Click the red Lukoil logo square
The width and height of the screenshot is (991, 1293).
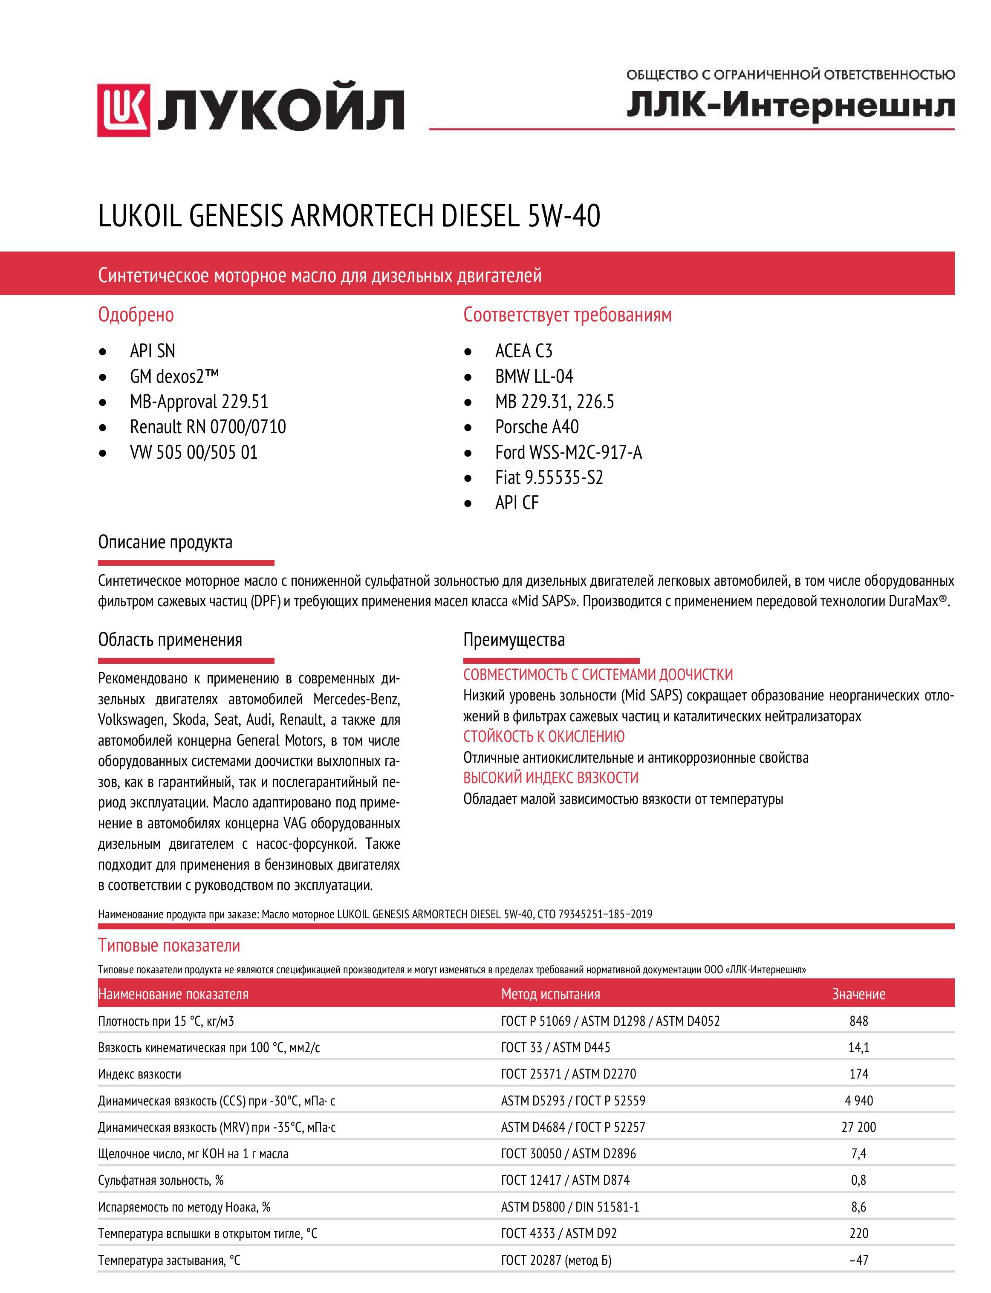(124, 110)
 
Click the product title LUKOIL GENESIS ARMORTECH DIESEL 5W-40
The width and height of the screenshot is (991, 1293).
(349, 216)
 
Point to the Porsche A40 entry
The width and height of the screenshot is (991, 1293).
(537, 426)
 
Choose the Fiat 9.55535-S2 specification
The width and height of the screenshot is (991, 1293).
(549, 477)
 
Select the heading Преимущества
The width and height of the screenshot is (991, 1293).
(514, 639)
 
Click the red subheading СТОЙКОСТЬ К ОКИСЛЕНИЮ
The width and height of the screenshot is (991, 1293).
(543, 737)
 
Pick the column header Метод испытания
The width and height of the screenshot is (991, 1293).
(550, 994)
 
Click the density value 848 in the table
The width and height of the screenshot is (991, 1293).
(858, 1021)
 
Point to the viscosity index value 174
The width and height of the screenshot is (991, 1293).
(858, 1073)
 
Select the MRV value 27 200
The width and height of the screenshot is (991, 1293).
(858, 1127)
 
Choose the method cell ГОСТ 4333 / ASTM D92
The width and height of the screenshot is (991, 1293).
(559, 1233)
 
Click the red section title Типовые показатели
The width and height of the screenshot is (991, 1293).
(169, 946)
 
